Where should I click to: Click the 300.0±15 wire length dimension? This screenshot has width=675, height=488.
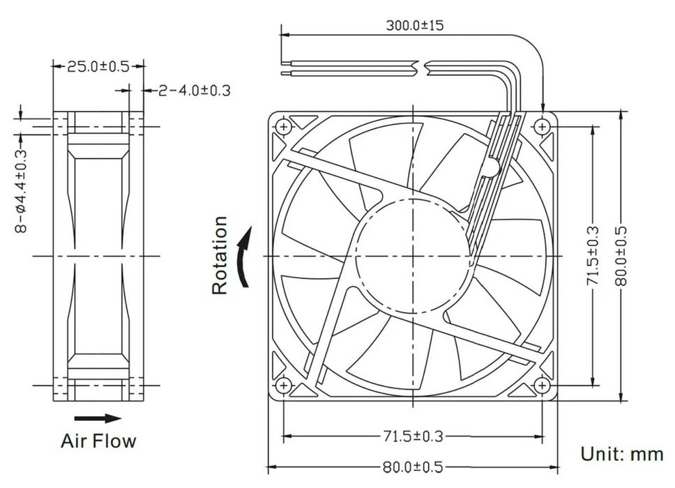tap(415, 26)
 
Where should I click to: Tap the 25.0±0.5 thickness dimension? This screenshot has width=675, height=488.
tap(98, 67)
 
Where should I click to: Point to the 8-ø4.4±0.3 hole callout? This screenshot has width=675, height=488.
tap(21, 190)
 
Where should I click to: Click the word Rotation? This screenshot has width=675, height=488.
tap(220, 255)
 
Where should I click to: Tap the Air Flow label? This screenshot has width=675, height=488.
tap(98, 441)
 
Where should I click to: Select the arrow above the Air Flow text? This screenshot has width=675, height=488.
tap(98, 418)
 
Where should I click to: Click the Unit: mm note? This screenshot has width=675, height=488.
tap(622, 454)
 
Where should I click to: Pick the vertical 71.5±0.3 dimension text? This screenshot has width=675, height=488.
tap(592, 255)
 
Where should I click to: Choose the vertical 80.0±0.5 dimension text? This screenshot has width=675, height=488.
tap(621, 255)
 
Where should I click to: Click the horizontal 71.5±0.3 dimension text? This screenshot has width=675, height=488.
tap(413, 436)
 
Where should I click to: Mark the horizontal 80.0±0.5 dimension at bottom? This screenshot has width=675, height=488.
tap(413, 467)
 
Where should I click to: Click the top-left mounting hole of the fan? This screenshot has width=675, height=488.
tap(283, 126)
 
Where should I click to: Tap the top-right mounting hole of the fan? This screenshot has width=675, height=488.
tap(543, 126)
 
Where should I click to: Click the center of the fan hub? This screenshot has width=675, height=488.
tap(413, 256)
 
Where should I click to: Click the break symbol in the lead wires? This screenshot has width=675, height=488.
tap(422, 68)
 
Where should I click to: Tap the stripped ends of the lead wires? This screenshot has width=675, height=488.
tap(288, 68)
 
